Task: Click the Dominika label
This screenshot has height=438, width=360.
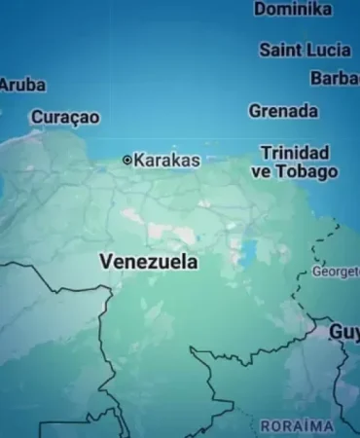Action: coord(293,9)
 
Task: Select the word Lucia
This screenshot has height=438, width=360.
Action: coord(329,50)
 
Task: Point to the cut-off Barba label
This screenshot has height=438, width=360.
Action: coord(335,79)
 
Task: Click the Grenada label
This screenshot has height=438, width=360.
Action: coord(283,111)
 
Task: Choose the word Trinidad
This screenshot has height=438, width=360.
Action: coord(295,153)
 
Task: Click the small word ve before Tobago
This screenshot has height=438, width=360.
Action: coord(260,171)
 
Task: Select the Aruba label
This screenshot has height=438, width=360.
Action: coord(21,85)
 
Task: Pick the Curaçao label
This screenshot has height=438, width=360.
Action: coord(65,117)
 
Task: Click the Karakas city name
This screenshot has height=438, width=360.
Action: coord(166,160)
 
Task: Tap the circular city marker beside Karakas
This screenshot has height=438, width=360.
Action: coord(126,160)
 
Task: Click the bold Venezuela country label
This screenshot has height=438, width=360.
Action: coord(149,262)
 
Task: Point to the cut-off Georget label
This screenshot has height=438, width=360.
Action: coord(336,272)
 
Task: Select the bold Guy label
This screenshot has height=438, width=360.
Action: coord(344,332)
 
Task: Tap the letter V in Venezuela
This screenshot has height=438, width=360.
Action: coord(106,262)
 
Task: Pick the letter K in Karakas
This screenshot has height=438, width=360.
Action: coord(138,160)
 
